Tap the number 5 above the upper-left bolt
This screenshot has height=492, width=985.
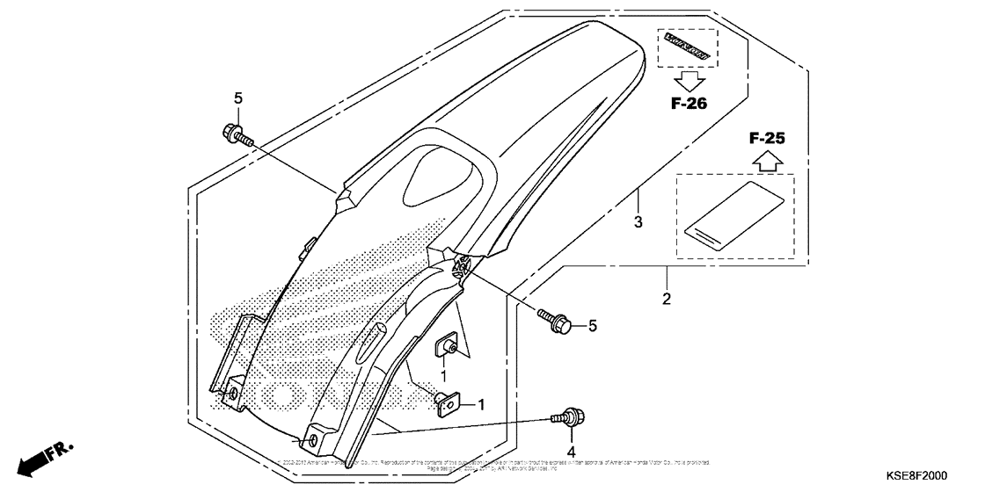(237, 97)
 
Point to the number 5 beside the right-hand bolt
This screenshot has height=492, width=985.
(592, 326)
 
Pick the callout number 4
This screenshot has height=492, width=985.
(571, 454)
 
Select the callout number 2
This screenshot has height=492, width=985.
(666, 299)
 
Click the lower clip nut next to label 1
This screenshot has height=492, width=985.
(448, 403)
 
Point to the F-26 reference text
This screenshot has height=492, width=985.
(689, 104)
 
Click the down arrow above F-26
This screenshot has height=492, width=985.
(689, 81)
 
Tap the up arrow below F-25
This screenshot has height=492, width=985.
(767, 160)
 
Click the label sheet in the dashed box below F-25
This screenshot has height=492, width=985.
(733, 218)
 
